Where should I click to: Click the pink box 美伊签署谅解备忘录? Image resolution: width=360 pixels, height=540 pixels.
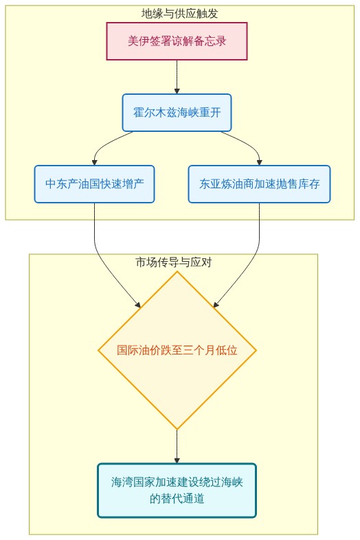tap(177, 41)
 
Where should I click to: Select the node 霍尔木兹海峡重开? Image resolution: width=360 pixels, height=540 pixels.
tap(177, 113)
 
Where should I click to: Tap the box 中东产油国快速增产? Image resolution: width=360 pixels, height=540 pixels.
tap(94, 184)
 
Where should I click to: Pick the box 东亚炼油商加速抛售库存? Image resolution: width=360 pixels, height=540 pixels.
tap(260, 184)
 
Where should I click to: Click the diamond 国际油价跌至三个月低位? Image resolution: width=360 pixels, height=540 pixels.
tap(177, 350)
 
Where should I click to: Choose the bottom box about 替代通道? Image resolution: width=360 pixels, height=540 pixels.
tap(177, 491)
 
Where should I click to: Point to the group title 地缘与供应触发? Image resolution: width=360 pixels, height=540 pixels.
tap(179, 14)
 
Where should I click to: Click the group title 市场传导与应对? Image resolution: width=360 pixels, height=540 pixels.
tap(174, 262)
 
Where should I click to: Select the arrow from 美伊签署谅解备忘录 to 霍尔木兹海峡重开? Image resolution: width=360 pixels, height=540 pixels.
tap(177, 77)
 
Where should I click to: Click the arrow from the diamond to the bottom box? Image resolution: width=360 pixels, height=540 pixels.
tap(177, 447)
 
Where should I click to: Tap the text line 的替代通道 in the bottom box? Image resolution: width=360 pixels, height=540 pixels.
tap(177, 498)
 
